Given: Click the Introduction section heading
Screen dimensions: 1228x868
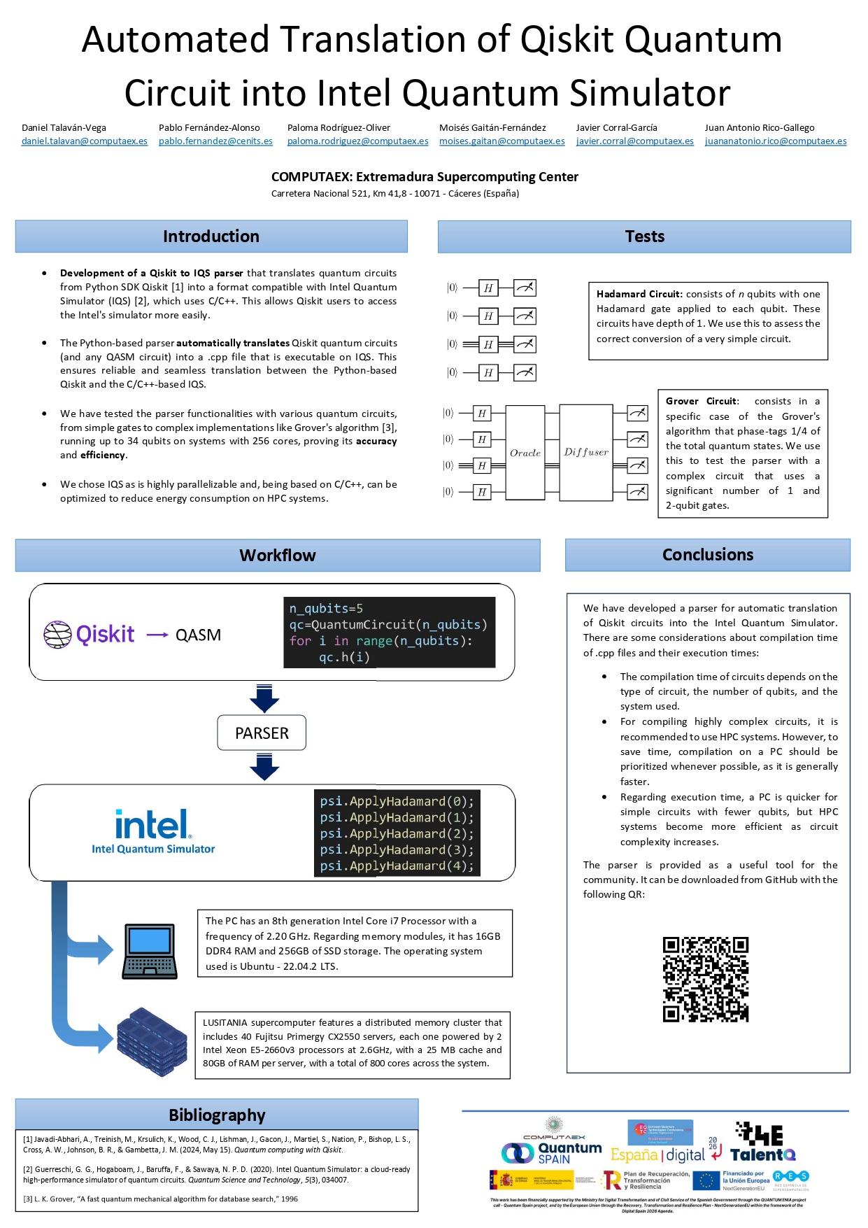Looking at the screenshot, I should click(x=211, y=237).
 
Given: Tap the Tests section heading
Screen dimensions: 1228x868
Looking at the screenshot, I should click(x=644, y=237).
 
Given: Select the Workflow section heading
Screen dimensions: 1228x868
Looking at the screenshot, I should click(x=277, y=556).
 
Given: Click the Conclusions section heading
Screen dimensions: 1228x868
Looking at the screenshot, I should click(x=707, y=555).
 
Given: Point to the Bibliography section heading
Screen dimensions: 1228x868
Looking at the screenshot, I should click(x=217, y=1115).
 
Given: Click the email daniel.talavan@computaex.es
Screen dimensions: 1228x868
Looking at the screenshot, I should click(x=85, y=141).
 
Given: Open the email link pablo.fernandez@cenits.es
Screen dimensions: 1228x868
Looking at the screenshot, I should click(x=215, y=141).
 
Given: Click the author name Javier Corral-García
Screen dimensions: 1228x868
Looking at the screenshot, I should click(x=616, y=128).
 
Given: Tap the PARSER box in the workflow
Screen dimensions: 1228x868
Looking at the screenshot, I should click(x=262, y=733).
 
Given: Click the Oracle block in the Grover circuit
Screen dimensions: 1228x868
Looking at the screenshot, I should click(x=525, y=453).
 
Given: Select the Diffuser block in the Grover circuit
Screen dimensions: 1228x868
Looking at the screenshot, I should click(x=586, y=452).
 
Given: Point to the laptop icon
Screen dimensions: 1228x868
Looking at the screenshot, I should click(x=149, y=951).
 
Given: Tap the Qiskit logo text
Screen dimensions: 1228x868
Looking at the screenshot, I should click(x=105, y=634).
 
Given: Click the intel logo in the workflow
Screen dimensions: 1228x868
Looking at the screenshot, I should click(x=152, y=825).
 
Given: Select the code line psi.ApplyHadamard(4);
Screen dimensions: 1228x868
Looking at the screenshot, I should click(x=397, y=866).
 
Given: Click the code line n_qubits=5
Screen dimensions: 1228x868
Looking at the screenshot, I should click(x=326, y=609).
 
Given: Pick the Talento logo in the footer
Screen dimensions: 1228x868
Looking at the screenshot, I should click(x=762, y=1143).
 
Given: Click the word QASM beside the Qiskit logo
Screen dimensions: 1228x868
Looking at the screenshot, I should click(x=198, y=635).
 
